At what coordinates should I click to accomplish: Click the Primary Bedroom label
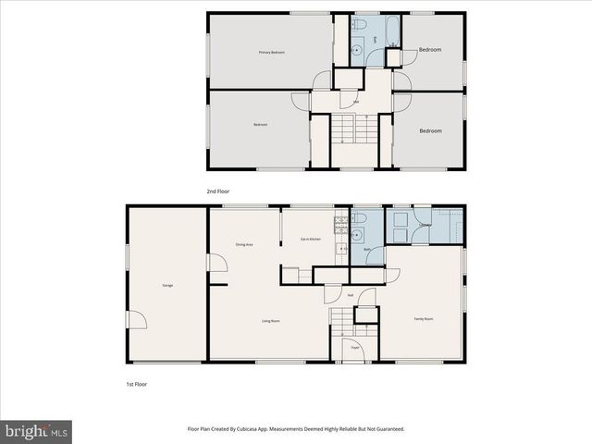pos(271,53)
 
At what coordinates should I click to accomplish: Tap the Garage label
pos(167,285)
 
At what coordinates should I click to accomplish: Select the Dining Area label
pos(244,244)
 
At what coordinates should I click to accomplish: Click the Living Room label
pos(271,321)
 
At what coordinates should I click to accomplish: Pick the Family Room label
pos(423,318)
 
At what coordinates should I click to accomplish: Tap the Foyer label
pos(354,348)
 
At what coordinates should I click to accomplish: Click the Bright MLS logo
pos(37,431)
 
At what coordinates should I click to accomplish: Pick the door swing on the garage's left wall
pos(136,319)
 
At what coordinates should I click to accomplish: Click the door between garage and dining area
pos(216,264)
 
